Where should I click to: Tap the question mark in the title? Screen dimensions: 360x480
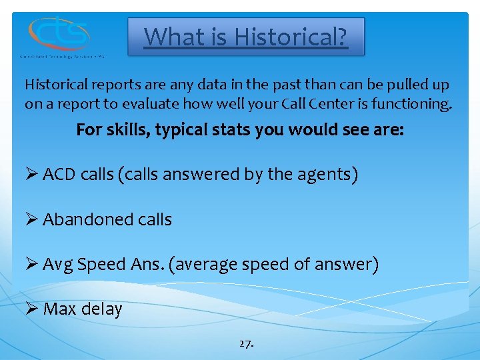click(341, 36)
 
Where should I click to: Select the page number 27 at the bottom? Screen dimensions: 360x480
click(245, 344)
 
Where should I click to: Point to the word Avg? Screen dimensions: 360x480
click(58, 265)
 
